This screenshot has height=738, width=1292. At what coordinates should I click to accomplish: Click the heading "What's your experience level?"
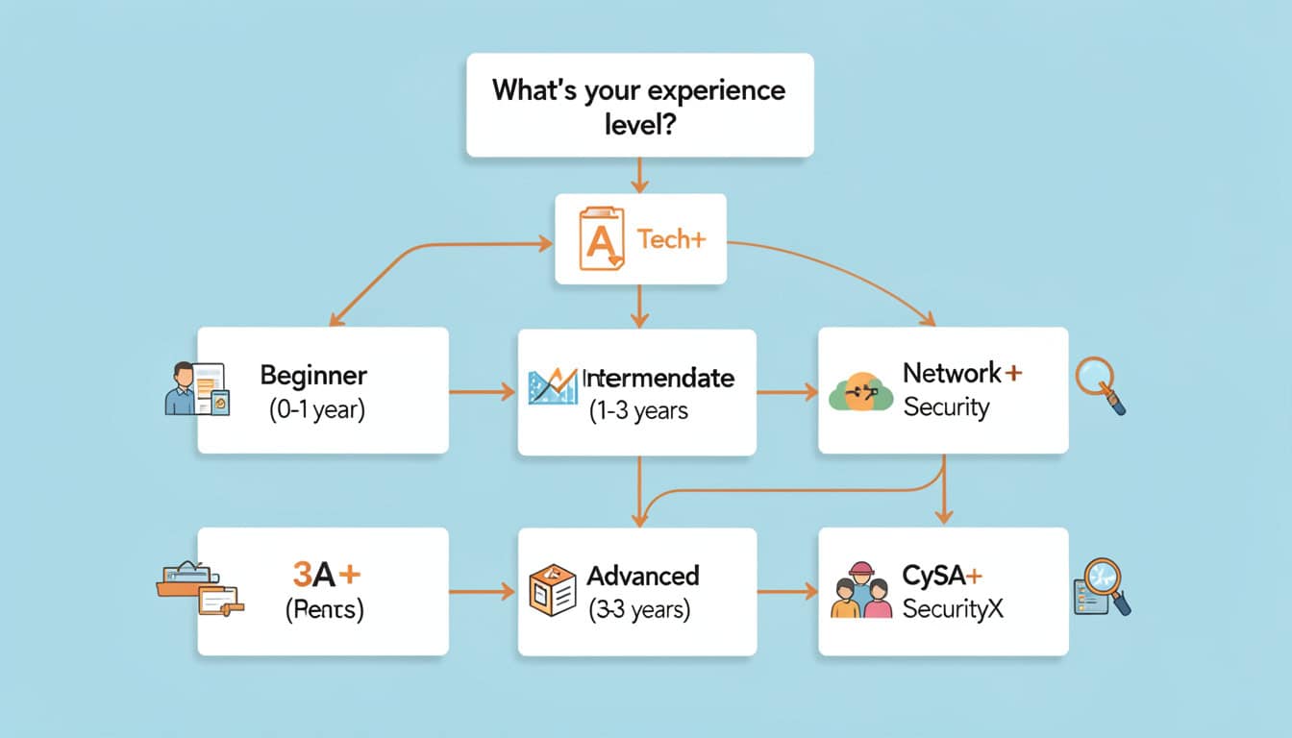638,105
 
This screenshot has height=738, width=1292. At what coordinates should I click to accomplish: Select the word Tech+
671,238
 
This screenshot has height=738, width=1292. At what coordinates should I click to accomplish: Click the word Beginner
313,375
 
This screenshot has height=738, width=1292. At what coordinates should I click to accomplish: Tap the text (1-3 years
638,411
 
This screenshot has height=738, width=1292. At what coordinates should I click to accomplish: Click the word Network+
961,373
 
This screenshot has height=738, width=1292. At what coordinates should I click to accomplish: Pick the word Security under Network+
946,407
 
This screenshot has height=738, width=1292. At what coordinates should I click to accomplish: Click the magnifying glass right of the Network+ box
1100,384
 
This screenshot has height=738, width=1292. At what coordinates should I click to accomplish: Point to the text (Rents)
324,611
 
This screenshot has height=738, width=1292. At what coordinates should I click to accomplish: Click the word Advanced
643,576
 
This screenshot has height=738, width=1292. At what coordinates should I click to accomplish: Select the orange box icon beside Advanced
552,590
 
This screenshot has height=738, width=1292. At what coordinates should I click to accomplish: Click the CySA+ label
942,576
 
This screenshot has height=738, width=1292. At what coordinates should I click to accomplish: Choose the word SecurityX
953,609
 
